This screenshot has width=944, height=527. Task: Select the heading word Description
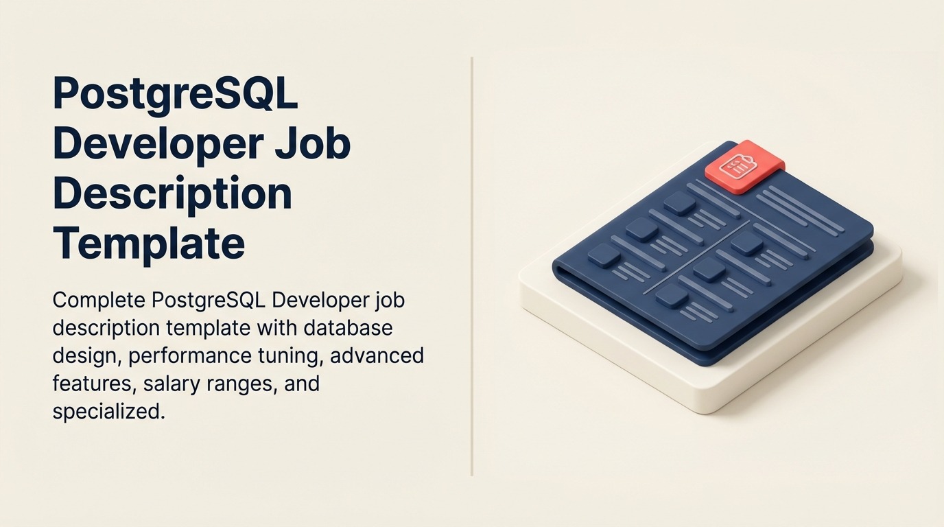pos(172,194)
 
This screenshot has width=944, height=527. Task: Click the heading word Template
pos(148,242)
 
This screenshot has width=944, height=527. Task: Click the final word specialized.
pos(108,411)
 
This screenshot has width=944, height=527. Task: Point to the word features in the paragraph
pos(93,383)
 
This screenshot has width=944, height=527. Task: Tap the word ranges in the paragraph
pos(239,383)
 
